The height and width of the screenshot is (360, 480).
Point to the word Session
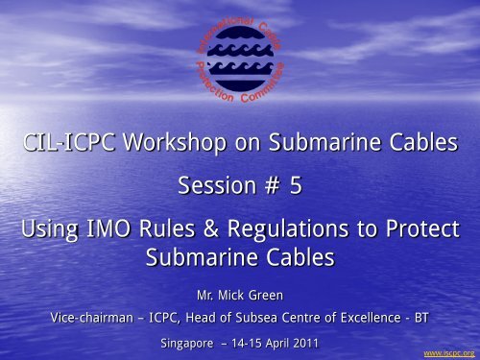pyautogui.click(x=211, y=188)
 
